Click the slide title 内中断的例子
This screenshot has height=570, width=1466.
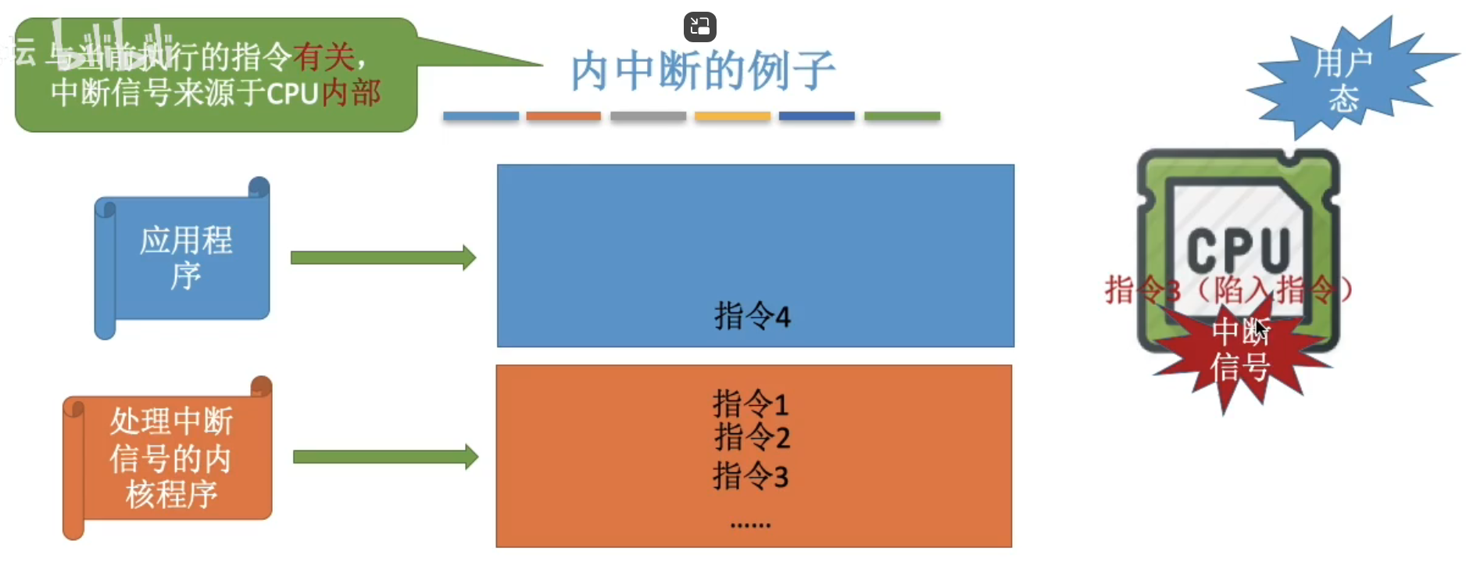703,71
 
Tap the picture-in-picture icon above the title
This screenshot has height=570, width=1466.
699,27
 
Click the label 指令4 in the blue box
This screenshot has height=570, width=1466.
752,317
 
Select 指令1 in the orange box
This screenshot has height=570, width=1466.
751,404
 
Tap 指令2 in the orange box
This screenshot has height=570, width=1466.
752,437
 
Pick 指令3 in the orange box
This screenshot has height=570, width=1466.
751,476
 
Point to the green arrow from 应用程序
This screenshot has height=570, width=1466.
383,258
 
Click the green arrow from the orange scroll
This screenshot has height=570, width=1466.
385,457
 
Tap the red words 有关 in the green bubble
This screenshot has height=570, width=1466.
324,57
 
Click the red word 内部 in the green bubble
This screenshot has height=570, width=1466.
351,93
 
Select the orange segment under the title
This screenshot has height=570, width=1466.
563,117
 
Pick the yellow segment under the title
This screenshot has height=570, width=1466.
732,117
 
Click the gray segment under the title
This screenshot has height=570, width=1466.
648,117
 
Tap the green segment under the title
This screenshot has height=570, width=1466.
902,117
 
